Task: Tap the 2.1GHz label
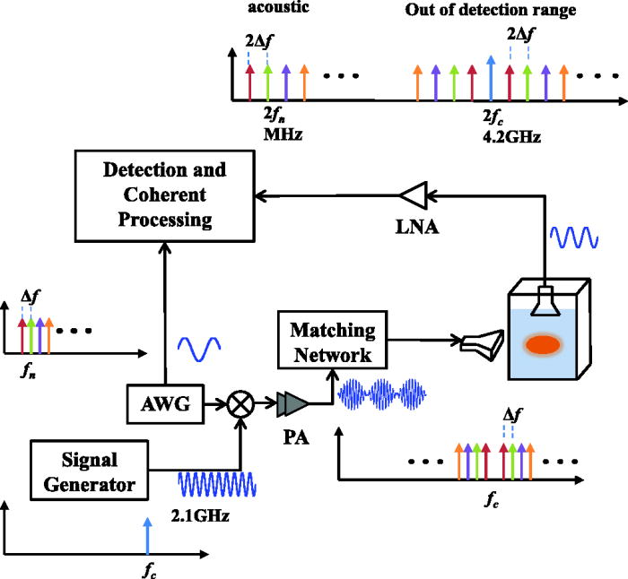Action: (204, 517)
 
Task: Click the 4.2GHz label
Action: (505, 139)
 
